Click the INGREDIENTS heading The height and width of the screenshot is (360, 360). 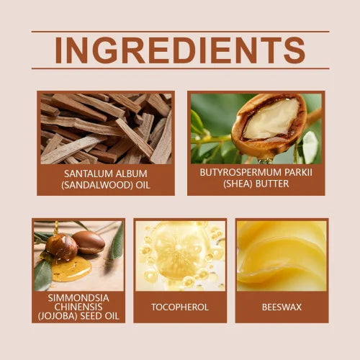180,50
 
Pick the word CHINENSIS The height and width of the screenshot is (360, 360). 78,306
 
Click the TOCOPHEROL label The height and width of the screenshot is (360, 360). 180,307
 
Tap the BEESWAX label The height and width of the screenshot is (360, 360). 282,307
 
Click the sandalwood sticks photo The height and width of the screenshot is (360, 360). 106,127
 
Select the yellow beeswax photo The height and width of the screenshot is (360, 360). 282,256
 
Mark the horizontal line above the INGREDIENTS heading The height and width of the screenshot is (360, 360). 180,32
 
